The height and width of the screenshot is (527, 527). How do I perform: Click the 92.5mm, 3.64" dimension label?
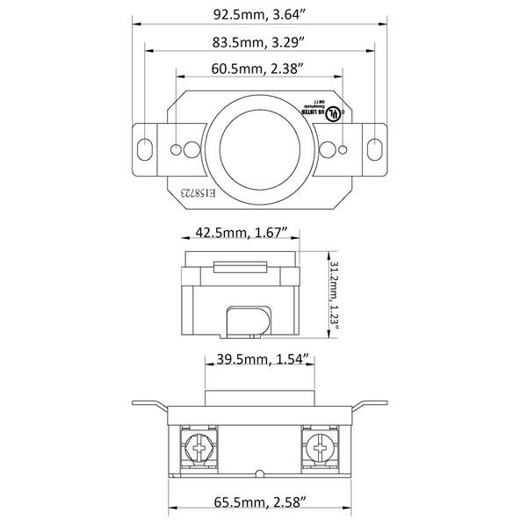click(x=263, y=14)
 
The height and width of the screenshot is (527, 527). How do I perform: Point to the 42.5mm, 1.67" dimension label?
click(x=239, y=234)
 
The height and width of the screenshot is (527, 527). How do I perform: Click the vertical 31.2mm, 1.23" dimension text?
click(x=335, y=293)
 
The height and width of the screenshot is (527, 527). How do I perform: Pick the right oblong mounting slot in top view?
click(x=376, y=145)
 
